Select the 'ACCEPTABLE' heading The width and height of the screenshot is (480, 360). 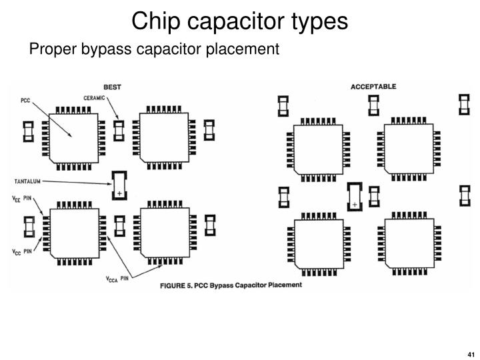tap(373, 87)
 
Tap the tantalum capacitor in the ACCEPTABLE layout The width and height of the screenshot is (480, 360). tap(355, 195)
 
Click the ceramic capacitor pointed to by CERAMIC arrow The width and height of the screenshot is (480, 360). tap(119, 131)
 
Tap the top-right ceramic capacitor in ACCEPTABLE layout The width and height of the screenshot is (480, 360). tap(464, 105)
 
